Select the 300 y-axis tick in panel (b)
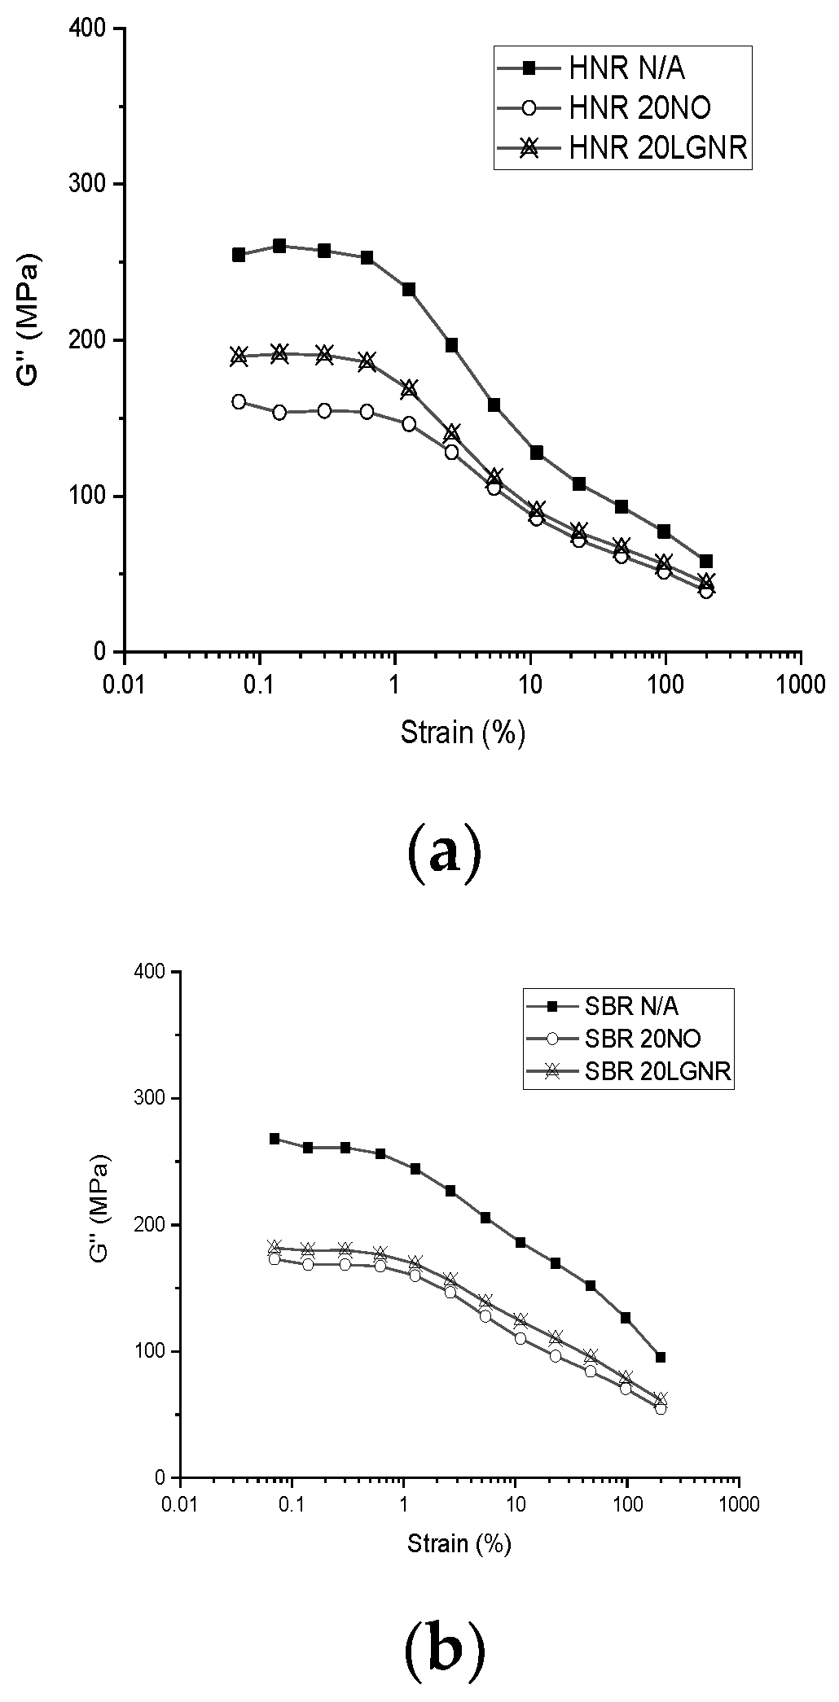pos(152,1098)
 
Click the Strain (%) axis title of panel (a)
pos(462,733)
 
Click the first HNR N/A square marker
pos(239,255)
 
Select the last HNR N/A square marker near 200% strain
pos(706,561)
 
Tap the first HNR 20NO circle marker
pos(239,401)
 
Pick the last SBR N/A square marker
pos(661,1357)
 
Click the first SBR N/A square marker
pos(275,1139)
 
